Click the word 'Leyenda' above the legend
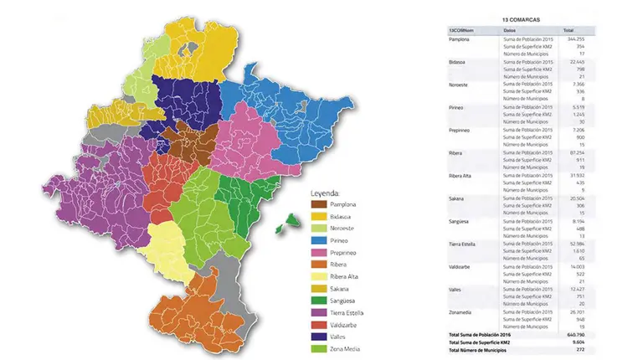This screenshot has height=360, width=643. pyautogui.click(x=329, y=190)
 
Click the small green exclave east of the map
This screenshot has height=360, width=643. pyautogui.click(x=291, y=220)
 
